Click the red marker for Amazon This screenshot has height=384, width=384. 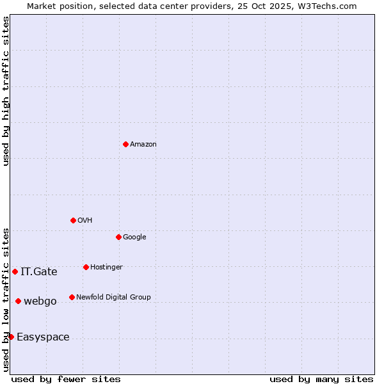point(125,144)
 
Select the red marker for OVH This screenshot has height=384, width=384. point(73,220)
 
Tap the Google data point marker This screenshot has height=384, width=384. point(118,237)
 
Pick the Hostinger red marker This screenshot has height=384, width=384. point(86,267)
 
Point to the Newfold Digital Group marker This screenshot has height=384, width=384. point(72,297)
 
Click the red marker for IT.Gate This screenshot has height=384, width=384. point(15,271)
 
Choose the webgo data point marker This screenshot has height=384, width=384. point(18,301)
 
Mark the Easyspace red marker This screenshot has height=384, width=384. point(11,337)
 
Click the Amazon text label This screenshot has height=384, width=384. point(143,145)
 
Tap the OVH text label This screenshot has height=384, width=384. point(84,221)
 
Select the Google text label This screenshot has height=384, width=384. point(134,237)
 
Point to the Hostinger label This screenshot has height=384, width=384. point(106,268)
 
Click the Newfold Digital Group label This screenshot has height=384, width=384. point(113,298)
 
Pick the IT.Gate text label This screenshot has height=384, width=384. point(39,272)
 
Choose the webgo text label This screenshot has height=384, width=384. point(40,301)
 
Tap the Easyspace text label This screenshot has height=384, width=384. point(43,337)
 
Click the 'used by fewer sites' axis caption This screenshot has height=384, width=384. point(66,379)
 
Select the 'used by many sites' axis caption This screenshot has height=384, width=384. point(321,379)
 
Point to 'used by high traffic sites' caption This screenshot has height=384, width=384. point(6,91)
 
